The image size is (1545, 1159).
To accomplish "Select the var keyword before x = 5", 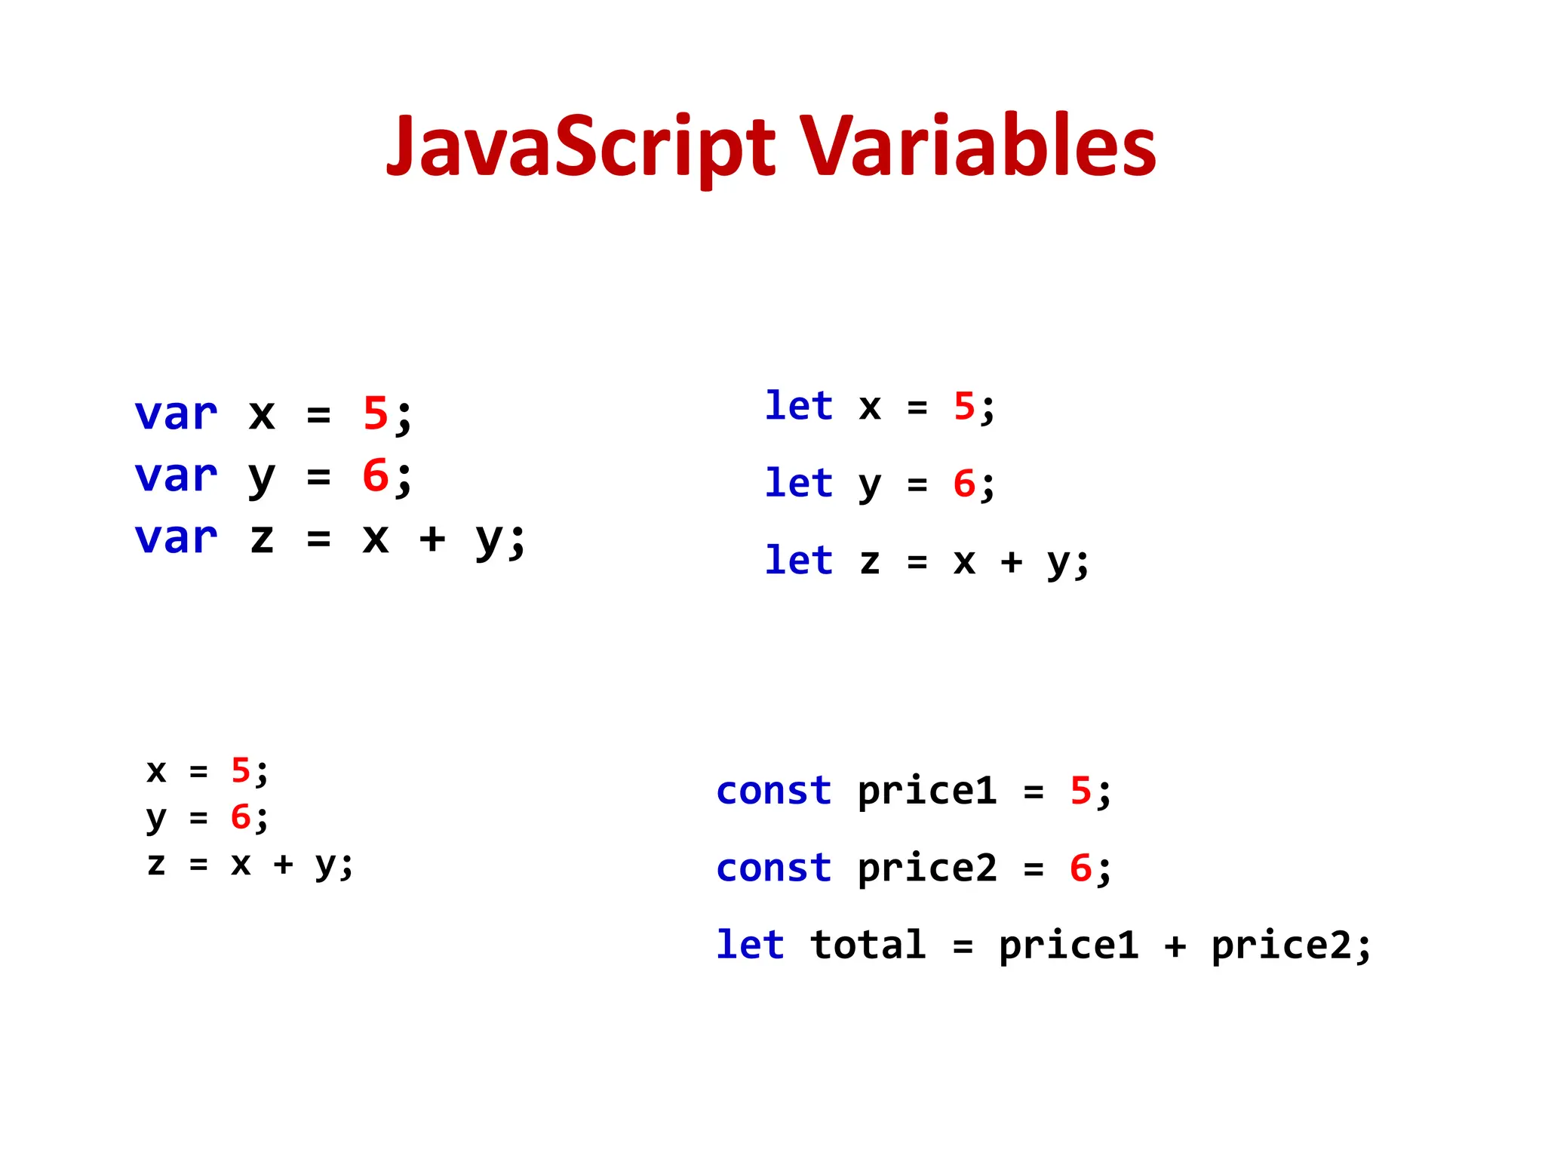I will pyautogui.click(x=176, y=414).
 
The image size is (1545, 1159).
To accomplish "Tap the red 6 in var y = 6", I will pyautogui.click(x=375, y=476).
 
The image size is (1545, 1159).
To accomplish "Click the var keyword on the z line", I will pyautogui.click(x=176, y=538).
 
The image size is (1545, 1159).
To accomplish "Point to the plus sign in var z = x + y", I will pyautogui.click(x=432, y=539).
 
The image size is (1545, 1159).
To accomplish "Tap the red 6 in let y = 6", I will pyautogui.click(x=964, y=484).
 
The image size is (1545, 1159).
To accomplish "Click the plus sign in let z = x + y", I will pyautogui.click(x=1011, y=561).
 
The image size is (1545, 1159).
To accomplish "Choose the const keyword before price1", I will pyautogui.click(x=773, y=791).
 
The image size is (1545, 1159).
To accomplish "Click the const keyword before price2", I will pyautogui.click(x=773, y=868).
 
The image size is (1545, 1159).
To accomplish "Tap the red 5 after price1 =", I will pyautogui.click(x=1080, y=791).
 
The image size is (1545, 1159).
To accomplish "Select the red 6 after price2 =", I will pyautogui.click(x=1080, y=868).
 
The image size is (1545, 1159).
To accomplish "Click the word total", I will pyautogui.click(x=868, y=945).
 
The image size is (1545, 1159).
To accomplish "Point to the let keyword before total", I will pyautogui.click(x=750, y=945).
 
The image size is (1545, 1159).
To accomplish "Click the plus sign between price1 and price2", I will pyautogui.click(x=1175, y=945).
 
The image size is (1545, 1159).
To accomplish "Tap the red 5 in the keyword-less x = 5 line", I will pyautogui.click(x=241, y=770).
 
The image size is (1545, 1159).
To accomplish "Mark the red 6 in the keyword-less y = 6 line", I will pyautogui.click(x=241, y=816).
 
